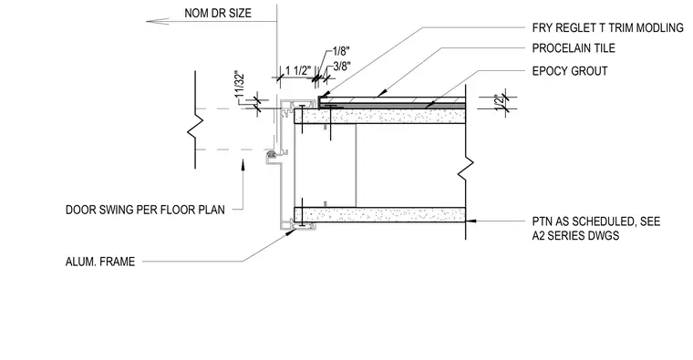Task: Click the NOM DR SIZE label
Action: click(x=218, y=14)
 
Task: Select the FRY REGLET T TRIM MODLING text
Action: click(x=607, y=28)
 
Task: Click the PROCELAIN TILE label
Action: click(x=574, y=47)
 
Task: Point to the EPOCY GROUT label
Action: click(x=570, y=71)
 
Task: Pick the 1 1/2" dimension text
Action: click(x=298, y=71)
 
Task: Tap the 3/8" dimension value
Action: click(x=342, y=67)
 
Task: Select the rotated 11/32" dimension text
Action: click(x=240, y=85)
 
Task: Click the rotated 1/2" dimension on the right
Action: click(x=500, y=102)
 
